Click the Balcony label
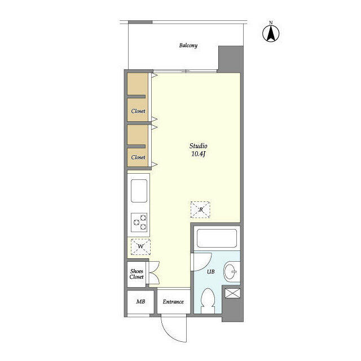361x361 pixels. coord(188,45)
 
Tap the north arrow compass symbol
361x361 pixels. coord(271,34)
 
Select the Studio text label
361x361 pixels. coord(198,146)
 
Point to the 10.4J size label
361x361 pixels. coord(198,154)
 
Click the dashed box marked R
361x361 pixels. coord(200,210)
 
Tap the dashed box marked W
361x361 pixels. coord(140,247)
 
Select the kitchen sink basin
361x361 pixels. coord(139,191)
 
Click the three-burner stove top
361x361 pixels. coord(139,222)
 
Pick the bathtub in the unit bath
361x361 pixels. coord(217,238)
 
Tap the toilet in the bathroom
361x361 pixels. coord(208,301)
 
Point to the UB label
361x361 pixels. coord(210,272)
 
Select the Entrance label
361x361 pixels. coord(173,302)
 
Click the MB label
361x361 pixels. coord(140,301)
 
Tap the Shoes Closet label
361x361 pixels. coord(137,274)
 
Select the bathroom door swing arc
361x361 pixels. coord(206,265)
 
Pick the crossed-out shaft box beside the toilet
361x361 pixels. coord(232,293)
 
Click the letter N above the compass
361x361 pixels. coord(271,23)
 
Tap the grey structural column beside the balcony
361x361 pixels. coord(231,59)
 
